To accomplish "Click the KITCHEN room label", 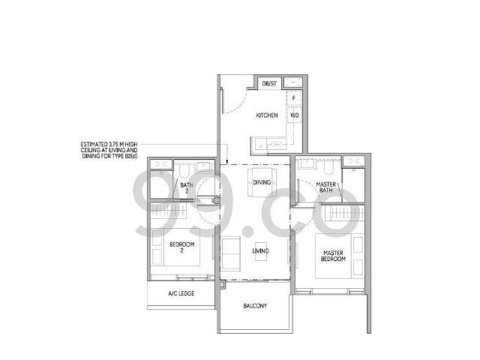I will (x=267, y=115).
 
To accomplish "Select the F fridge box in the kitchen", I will (x=293, y=98).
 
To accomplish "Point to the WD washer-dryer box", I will (x=294, y=115).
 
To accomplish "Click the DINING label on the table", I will (x=262, y=182).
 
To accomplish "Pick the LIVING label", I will (x=261, y=250).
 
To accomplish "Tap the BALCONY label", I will (x=255, y=306).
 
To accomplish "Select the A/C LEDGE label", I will (x=181, y=293).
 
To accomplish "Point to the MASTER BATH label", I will (x=325, y=187).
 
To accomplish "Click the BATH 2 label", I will (x=183, y=187).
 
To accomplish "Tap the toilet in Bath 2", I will (x=184, y=172).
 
